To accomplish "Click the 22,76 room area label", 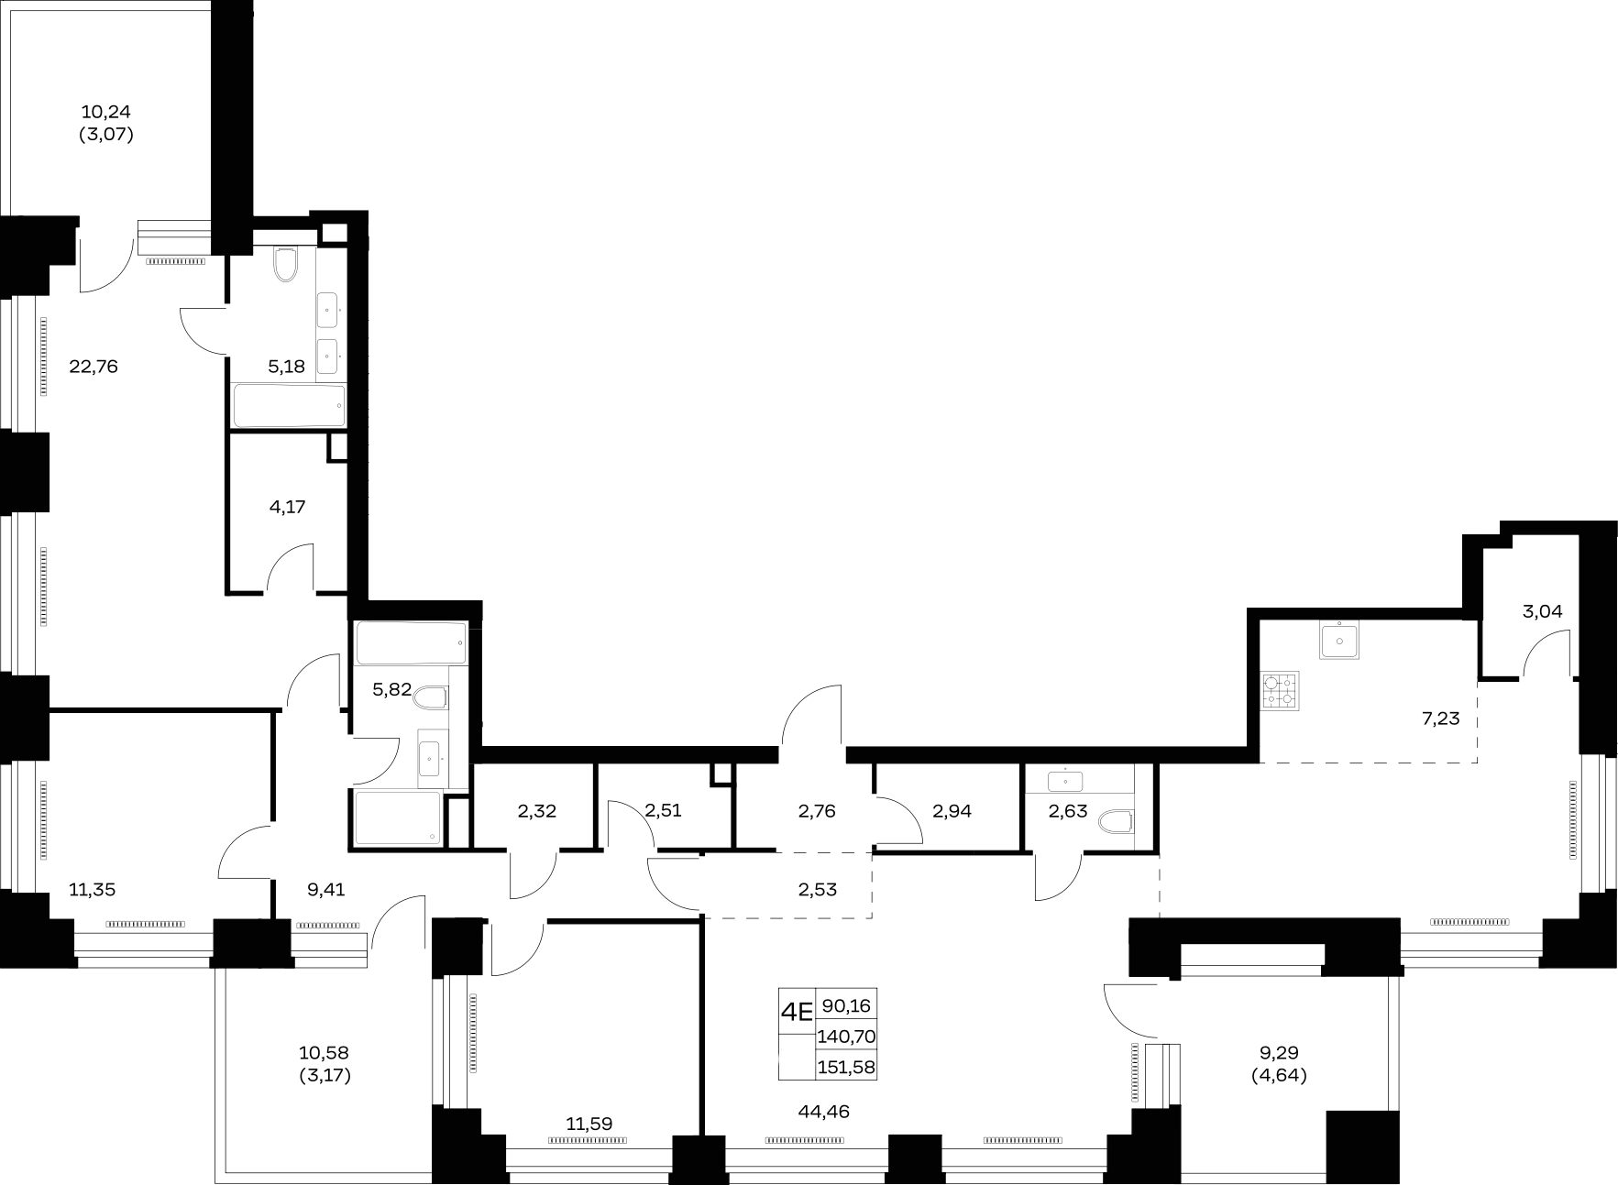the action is click(x=94, y=367).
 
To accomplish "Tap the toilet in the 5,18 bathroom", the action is click(x=286, y=264).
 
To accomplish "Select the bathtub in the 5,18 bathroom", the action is click(x=290, y=406).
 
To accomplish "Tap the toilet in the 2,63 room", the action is click(x=1117, y=820).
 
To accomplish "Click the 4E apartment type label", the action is click(x=796, y=1012).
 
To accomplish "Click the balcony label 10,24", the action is click(x=106, y=113).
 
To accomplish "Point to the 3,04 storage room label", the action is click(x=1542, y=611).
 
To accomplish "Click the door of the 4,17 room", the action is click(x=291, y=567).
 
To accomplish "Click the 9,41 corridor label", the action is click(x=325, y=889).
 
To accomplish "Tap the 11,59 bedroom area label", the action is click(x=589, y=1124).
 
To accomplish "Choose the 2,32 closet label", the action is click(x=537, y=811).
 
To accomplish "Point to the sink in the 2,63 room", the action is click(x=1065, y=781).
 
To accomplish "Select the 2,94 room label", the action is click(x=952, y=811).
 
